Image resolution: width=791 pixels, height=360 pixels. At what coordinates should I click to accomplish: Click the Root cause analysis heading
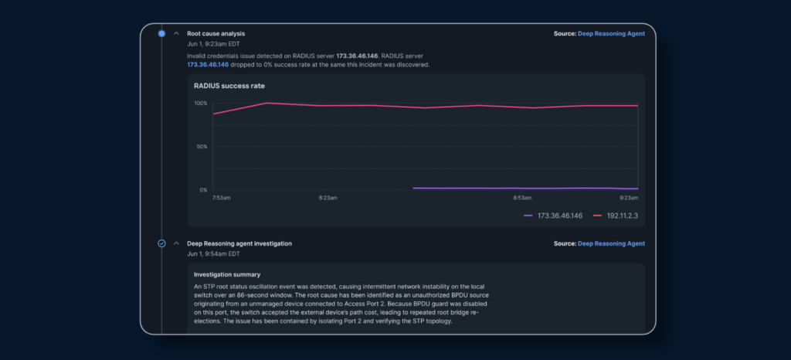[216, 34]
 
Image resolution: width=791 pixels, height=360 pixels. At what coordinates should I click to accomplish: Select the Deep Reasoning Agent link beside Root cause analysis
[612, 34]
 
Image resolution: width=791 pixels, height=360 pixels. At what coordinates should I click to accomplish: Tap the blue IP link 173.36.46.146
[208, 65]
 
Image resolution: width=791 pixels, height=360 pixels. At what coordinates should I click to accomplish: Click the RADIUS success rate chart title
[229, 86]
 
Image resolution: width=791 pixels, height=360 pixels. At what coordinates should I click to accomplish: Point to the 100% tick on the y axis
[201, 104]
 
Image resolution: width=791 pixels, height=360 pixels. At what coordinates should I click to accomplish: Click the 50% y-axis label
[202, 147]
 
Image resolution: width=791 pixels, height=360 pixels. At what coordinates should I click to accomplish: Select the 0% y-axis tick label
[203, 190]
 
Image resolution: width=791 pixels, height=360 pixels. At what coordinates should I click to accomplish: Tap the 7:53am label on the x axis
[222, 198]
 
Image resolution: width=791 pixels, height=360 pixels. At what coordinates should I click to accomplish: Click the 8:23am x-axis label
[328, 198]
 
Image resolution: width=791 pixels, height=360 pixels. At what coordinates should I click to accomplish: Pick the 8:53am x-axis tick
[521, 198]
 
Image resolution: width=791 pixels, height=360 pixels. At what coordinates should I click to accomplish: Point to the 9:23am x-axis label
[629, 198]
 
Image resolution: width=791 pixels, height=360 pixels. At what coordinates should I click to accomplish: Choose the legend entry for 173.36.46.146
[553, 216]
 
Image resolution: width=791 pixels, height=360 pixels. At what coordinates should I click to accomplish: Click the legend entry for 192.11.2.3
[616, 216]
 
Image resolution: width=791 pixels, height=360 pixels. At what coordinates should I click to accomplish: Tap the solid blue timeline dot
[161, 34]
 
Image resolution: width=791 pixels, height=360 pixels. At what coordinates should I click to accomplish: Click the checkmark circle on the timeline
[161, 243]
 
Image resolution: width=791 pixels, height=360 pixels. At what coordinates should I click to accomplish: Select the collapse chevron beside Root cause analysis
[176, 34]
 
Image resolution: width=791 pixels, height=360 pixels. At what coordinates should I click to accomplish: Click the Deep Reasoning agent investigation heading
[239, 243]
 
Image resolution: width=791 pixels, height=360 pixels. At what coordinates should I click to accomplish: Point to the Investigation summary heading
[227, 275]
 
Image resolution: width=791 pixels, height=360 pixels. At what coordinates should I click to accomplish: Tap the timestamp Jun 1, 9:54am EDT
[213, 253]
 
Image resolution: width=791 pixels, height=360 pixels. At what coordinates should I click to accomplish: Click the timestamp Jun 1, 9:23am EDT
[213, 44]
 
